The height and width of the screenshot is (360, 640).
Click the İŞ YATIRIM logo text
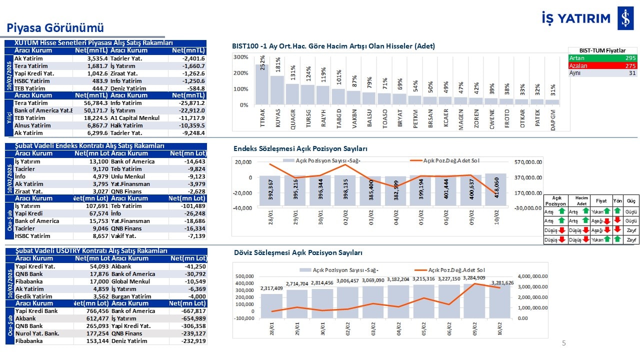click(x=576, y=18)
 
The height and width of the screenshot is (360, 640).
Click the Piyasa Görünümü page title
click(x=54, y=27)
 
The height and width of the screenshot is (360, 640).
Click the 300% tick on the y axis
click(x=240, y=57)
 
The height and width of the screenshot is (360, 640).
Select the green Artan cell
click(x=602, y=58)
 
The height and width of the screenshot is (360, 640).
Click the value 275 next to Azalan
click(x=630, y=65)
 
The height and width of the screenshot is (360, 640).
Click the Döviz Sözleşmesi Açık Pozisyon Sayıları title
click(x=298, y=253)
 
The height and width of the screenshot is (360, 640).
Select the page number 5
click(x=564, y=343)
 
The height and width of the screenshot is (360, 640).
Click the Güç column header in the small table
click(x=631, y=200)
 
